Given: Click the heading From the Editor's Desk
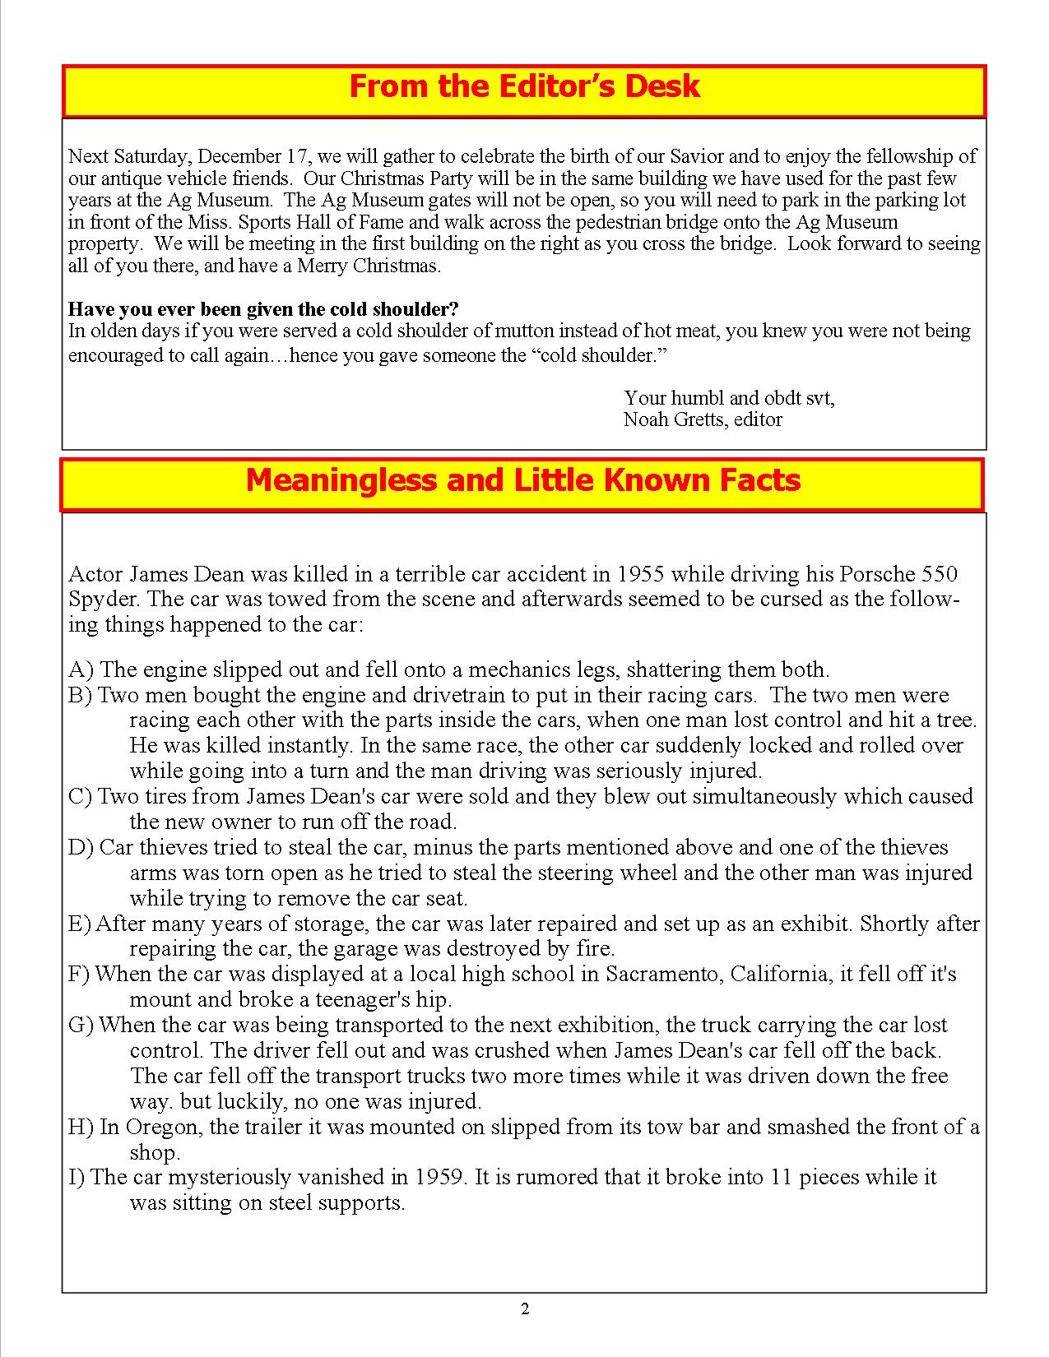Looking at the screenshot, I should [x=524, y=86].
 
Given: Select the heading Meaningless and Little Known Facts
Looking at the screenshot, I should [x=522, y=479].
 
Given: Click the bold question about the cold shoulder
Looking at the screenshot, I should [x=263, y=309].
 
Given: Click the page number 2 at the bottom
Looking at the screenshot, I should [x=525, y=1309].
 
